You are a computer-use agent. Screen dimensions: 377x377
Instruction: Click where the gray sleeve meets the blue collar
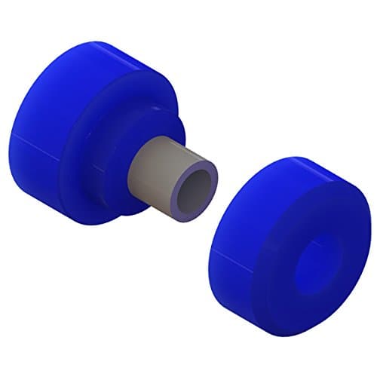click(x=135, y=173)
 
